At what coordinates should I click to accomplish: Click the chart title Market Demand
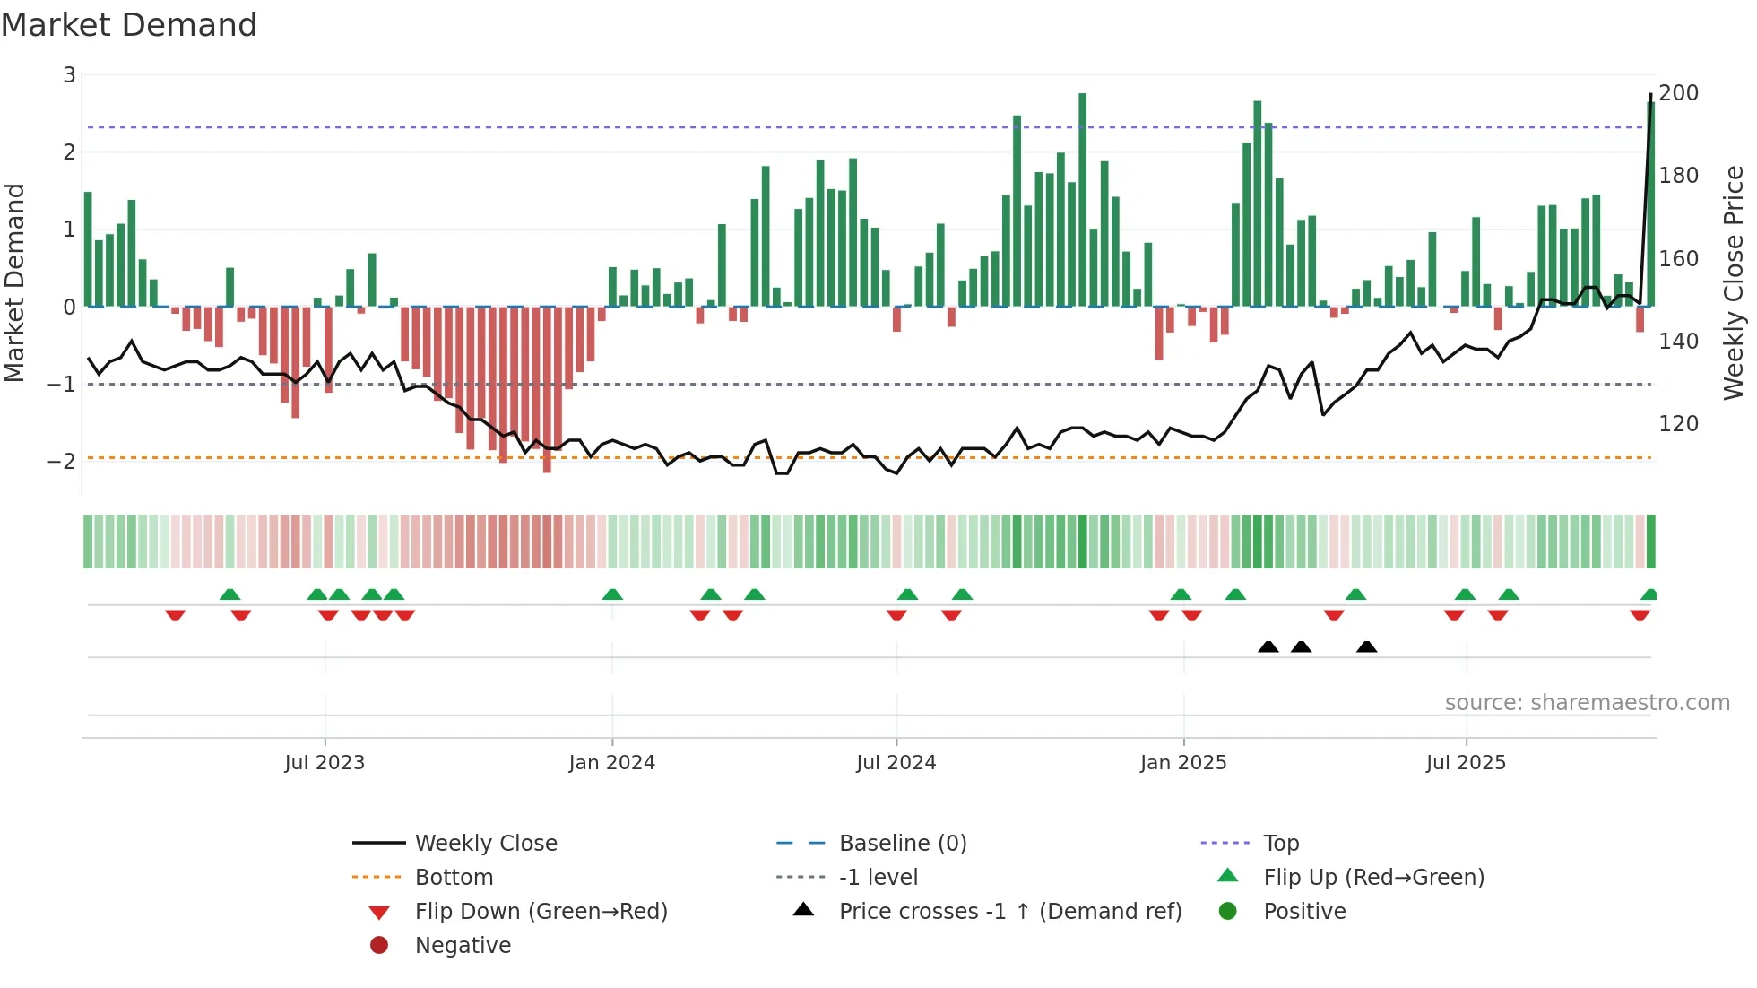click(129, 25)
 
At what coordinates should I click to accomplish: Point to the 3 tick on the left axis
click(69, 75)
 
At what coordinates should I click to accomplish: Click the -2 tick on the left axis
click(62, 462)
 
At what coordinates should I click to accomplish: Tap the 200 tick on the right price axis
click(1678, 93)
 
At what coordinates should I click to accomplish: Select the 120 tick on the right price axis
click(1678, 424)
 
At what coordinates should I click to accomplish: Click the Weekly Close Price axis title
click(1734, 282)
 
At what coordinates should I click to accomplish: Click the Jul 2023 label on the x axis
click(325, 763)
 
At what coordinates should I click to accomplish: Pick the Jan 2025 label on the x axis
click(1183, 763)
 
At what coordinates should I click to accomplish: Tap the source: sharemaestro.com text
click(1587, 703)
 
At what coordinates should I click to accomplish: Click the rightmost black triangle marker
click(1366, 646)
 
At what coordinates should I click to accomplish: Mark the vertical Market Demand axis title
click(15, 282)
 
